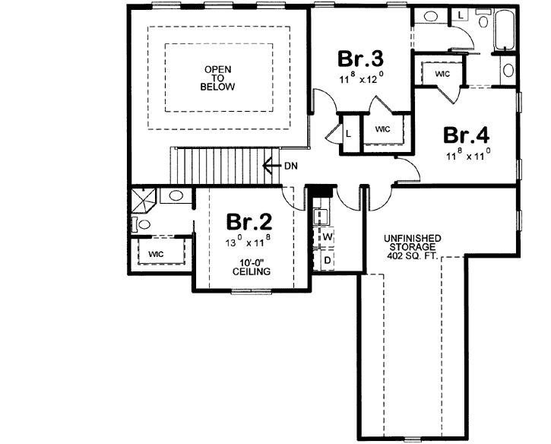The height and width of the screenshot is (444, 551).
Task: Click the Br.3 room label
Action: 360,59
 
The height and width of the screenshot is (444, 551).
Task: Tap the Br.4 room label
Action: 466,135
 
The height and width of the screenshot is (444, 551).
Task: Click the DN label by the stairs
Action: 291,165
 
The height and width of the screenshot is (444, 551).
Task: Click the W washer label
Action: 328,237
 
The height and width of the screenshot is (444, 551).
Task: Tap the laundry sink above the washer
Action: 320,214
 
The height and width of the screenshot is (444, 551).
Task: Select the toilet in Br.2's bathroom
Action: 140,224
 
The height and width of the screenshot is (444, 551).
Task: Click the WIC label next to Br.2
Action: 157,253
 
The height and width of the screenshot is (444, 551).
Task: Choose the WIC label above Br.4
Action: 442,74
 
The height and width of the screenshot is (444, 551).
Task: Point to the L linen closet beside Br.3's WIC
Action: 348,133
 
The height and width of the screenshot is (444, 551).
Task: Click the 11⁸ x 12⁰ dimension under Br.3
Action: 360,77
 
